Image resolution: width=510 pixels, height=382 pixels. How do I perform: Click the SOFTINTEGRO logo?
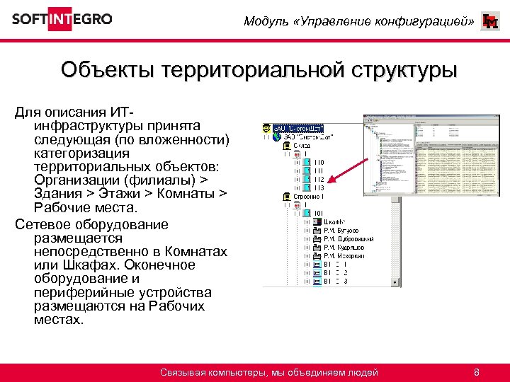tap(62, 19)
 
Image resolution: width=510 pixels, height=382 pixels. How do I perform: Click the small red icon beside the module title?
tap(489, 22)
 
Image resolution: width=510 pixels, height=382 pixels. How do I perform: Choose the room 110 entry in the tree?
tap(319, 162)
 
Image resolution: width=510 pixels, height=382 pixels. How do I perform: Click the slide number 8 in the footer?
tap(477, 372)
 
